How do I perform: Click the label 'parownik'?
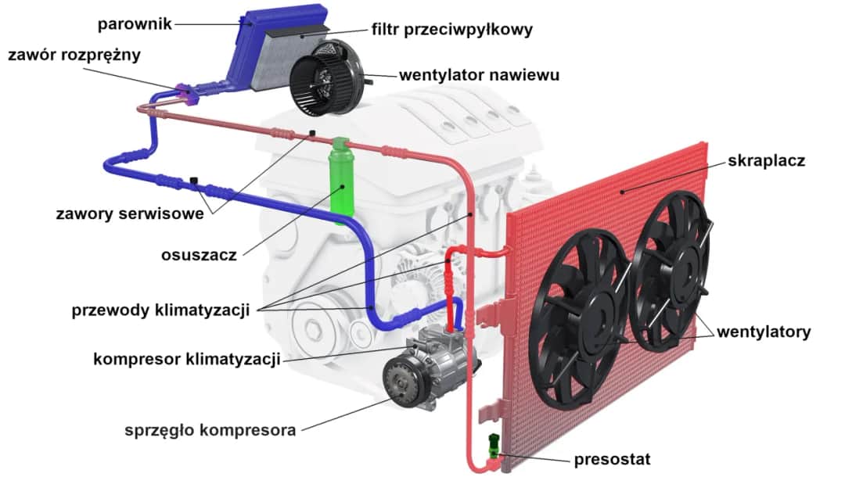(135, 23)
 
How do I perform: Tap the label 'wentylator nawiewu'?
(479, 76)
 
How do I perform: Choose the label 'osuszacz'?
(199, 255)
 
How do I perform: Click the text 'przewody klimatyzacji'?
(160, 310)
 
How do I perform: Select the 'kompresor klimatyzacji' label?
(186, 360)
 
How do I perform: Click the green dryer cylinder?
(341, 185)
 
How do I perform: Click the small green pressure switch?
(492, 446)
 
